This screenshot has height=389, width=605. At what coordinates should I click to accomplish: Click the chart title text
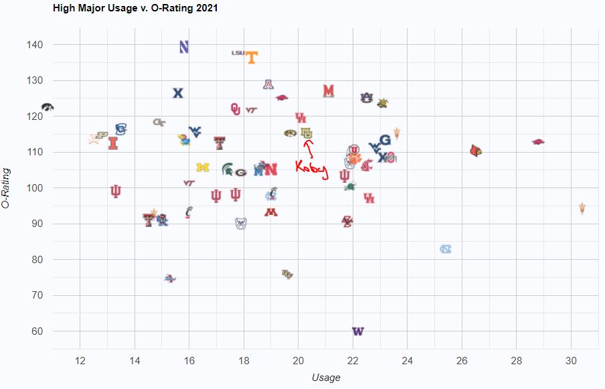click(x=135, y=9)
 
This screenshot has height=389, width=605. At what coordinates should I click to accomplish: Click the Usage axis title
click(x=326, y=378)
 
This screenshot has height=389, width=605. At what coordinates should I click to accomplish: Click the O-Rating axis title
click(x=6, y=188)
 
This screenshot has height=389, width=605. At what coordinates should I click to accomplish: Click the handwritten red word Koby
click(x=312, y=169)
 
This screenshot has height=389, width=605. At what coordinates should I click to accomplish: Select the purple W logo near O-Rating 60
click(x=358, y=331)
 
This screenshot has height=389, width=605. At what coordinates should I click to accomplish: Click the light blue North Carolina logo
click(x=446, y=249)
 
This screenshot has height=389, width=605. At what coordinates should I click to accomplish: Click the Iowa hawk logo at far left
click(x=46, y=107)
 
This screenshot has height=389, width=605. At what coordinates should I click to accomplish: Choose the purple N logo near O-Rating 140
click(x=184, y=47)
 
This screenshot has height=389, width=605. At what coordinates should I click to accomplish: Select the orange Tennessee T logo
click(x=252, y=58)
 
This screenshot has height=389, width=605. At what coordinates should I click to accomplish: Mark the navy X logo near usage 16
click(x=178, y=93)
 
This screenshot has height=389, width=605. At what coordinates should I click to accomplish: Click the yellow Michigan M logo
click(x=203, y=167)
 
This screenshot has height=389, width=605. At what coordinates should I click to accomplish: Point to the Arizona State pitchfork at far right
click(x=582, y=208)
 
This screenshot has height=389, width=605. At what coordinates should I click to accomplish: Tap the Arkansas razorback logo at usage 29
click(x=538, y=142)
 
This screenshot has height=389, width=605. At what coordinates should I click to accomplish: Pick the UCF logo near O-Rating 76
click(x=287, y=274)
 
